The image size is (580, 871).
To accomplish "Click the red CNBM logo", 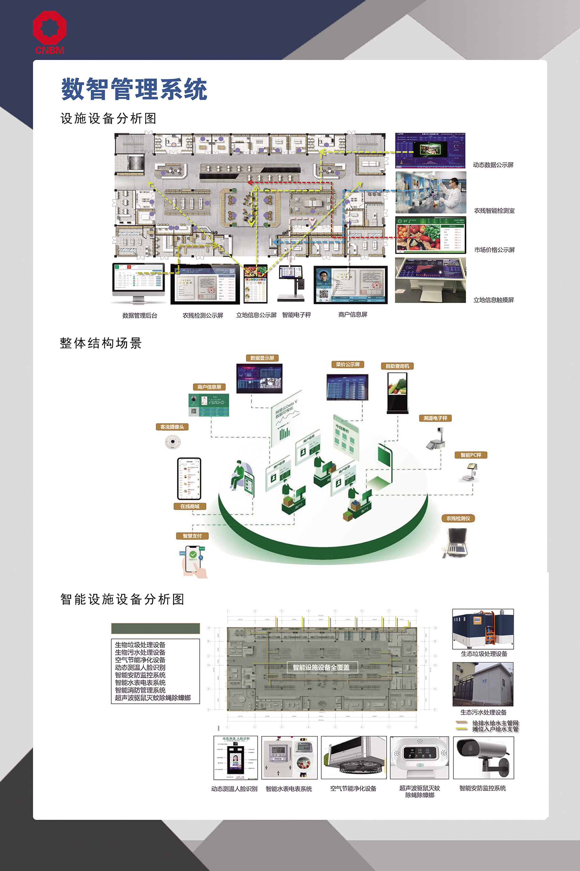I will point(49,32).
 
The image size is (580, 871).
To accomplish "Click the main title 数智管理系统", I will point(134,89).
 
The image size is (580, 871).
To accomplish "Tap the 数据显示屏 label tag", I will point(262,358).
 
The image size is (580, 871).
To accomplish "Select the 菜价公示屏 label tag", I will point(347,364).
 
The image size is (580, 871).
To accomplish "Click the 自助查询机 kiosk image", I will point(397,392).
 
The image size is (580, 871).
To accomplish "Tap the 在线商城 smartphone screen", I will point(189,478).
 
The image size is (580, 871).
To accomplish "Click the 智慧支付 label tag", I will point(192,536).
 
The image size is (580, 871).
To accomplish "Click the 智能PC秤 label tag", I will point(471,455).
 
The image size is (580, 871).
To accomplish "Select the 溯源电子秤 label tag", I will point(435,418).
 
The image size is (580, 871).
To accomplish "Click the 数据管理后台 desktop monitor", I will point(138,280).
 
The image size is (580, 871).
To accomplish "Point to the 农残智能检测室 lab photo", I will point(431,192).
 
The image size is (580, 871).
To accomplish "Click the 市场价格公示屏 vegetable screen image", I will point(431,235).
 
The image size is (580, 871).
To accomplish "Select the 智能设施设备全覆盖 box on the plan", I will point(321,667).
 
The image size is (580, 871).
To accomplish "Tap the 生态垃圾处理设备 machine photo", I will point(483,629).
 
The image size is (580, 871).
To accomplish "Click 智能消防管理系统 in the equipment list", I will point(140,690).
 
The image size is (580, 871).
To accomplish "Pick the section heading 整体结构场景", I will point(101,343).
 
